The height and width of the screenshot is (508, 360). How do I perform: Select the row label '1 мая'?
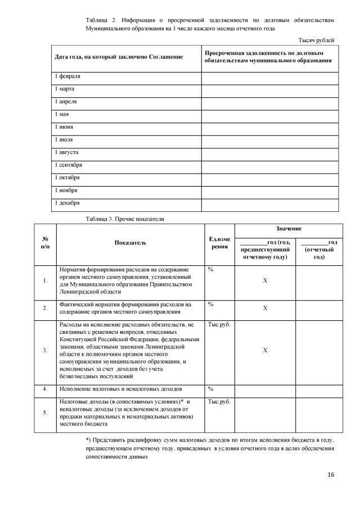pyautogui.click(x=61, y=114)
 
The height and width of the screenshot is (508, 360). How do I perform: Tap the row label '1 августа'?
pyautogui.click(x=66, y=152)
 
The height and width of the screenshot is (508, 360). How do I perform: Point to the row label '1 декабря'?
pyautogui.click(x=66, y=203)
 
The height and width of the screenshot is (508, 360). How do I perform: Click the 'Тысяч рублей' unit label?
pyautogui.click(x=316, y=40)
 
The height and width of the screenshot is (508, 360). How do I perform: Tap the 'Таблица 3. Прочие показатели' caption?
pyautogui.click(x=125, y=217)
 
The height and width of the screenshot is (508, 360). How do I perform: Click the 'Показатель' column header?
pyautogui.click(x=130, y=243)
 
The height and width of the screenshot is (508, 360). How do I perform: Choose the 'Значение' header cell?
pyautogui.click(x=289, y=229)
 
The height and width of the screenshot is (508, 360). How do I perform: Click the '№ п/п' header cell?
pyautogui.click(x=44, y=243)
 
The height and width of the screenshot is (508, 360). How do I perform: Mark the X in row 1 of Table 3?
pyautogui.click(x=265, y=280)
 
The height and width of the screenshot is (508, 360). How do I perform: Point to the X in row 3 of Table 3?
pyautogui.click(x=265, y=350)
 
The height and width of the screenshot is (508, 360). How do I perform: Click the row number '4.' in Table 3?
pyautogui.click(x=44, y=389)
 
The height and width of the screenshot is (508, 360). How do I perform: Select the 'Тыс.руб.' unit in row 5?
pyautogui.click(x=219, y=402)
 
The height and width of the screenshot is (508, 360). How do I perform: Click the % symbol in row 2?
pyautogui.click(x=210, y=304)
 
